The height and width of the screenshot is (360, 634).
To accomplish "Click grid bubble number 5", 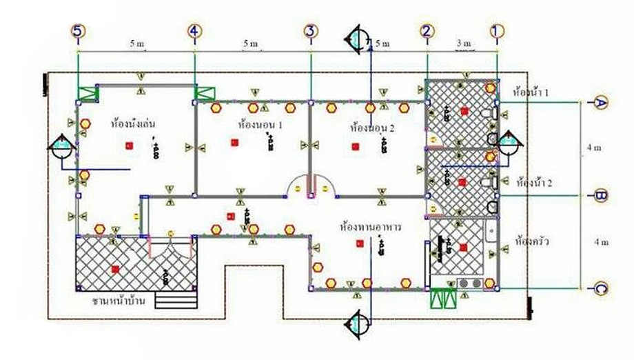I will point(78,31).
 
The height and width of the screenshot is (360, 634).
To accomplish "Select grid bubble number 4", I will point(195,31).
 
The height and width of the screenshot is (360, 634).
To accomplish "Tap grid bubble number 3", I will point(311,31).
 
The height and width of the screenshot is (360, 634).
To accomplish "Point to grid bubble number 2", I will point(427,31).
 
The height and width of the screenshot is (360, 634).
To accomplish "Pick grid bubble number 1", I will point(498,31).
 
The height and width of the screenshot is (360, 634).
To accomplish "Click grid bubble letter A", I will point(601,102).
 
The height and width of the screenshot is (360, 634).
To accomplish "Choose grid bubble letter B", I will point(601,196).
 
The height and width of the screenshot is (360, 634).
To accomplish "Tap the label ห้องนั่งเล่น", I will point(136,124).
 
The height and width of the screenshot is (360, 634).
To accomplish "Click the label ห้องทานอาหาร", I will point(371,226).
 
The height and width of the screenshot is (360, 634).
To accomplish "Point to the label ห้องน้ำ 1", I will point(531,90).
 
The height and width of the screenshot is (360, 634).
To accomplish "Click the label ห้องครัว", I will point(530,242).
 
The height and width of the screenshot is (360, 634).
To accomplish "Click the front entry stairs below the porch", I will point(170,299).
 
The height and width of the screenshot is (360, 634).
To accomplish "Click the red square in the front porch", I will point(115,269).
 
